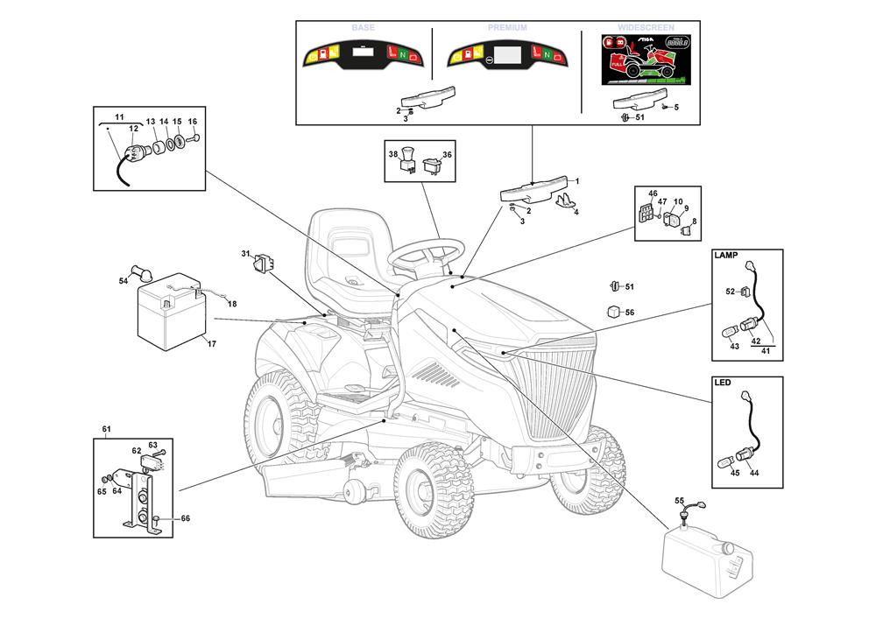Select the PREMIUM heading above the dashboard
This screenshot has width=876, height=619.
coord(508,28)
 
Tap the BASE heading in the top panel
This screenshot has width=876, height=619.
coord(363,28)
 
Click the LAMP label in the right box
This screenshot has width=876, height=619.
coord(727,256)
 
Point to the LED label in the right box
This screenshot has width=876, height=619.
coord(723,383)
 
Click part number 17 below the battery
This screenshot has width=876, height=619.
coord(211,343)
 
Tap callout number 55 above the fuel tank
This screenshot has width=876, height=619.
coord(679,500)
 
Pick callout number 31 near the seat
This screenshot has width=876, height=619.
coord(246,254)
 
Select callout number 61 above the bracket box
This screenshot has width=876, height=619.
coord(106,429)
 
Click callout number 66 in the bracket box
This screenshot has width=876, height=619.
coord(185,518)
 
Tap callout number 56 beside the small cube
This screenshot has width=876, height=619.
coord(629,312)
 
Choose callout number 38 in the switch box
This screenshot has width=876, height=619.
coord(393,154)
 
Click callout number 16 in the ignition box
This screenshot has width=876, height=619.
coord(193,122)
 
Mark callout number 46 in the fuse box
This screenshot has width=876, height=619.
coord(653,193)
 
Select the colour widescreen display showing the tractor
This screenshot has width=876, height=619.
coord(637,60)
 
